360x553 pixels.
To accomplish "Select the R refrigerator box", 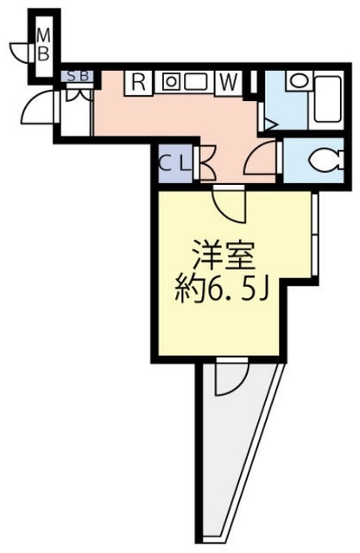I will [x=138, y=83].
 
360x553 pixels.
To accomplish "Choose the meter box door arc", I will [x=22, y=51].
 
